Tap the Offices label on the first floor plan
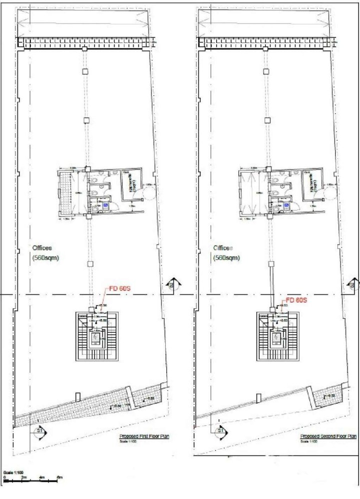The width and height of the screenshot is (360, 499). pos(42,248)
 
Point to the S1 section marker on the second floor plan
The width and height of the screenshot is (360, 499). pos(219,430)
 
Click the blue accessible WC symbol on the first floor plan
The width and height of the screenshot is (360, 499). pos(106,205)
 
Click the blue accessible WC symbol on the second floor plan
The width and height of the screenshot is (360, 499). pos(287,205)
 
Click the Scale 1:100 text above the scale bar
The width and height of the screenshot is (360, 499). pos(11,472)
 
